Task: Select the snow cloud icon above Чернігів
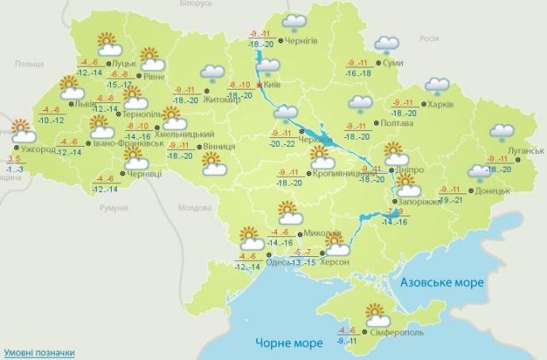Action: pyautogui.click(x=295, y=23)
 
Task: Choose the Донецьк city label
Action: pyautogui.click(x=492, y=191)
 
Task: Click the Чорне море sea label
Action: pyautogui.click(x=289, y=343)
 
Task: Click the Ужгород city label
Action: pyautogui.click(x=39, y=149)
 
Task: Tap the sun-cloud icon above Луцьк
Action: pyautogui.click(x=107, y=44)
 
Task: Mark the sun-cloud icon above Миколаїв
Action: pyautogui.click(x=290, y=213)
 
